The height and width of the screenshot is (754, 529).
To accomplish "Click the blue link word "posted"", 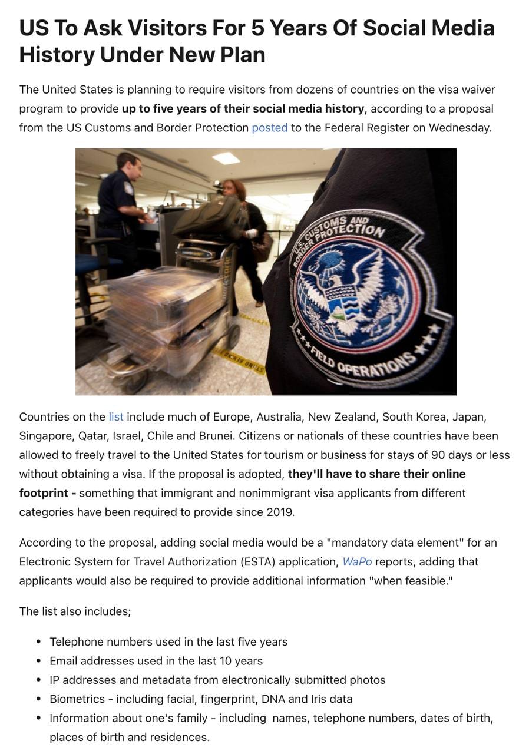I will (x=269, y=128).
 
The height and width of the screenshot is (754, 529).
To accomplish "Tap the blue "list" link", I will (x=115, y=417).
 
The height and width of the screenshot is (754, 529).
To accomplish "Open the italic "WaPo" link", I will (x=357, y=562).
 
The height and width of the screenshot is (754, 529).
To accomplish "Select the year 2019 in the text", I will (x=279, y=512).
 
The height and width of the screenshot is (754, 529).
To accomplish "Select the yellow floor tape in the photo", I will (x=239, y=358).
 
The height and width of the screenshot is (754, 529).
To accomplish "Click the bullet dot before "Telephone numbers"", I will (x=39, y=642).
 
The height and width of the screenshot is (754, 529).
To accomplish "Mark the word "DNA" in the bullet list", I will (x=298, y=699).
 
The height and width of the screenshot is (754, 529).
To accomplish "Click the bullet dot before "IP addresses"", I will (x=39, y=680).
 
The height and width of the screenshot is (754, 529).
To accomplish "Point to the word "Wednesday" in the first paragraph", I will (x=458, y=128).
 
